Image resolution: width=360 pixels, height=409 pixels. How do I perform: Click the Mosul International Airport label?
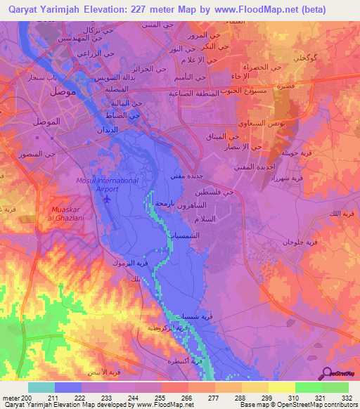pos(107,184)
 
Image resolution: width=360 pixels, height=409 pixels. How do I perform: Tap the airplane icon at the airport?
pos(107,198)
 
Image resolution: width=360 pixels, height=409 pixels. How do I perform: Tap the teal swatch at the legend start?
pos(41,387)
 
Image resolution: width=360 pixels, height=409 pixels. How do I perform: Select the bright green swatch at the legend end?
pos(335,387)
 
